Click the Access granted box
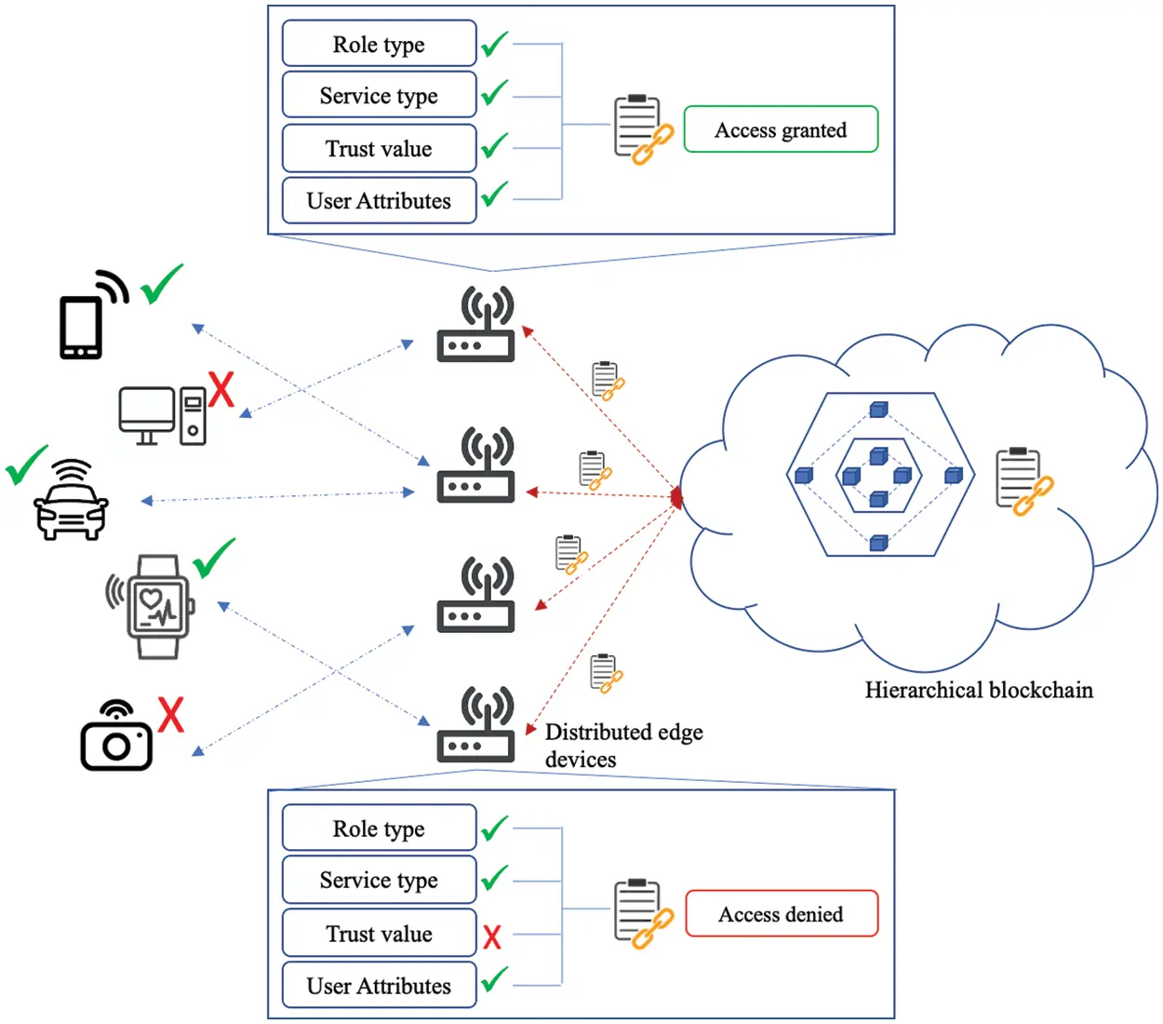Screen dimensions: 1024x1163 781,129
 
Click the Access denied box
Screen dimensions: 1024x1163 782,913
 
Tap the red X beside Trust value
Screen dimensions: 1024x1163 492,936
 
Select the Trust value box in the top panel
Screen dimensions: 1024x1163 379,149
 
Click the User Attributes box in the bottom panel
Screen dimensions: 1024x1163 379,985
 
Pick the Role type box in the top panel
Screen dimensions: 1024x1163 379,45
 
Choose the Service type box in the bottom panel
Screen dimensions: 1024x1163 379,880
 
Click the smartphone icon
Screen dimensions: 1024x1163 82,326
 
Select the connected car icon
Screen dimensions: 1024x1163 71,503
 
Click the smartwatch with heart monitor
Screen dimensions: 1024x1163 156,607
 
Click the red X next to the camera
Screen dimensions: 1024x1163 170,715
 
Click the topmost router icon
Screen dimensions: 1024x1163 476,326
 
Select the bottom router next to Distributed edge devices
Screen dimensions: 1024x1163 476,726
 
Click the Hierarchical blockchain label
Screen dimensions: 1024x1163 979,690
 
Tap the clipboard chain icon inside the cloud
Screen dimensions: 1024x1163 1022,481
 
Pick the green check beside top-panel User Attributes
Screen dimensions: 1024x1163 494,195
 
